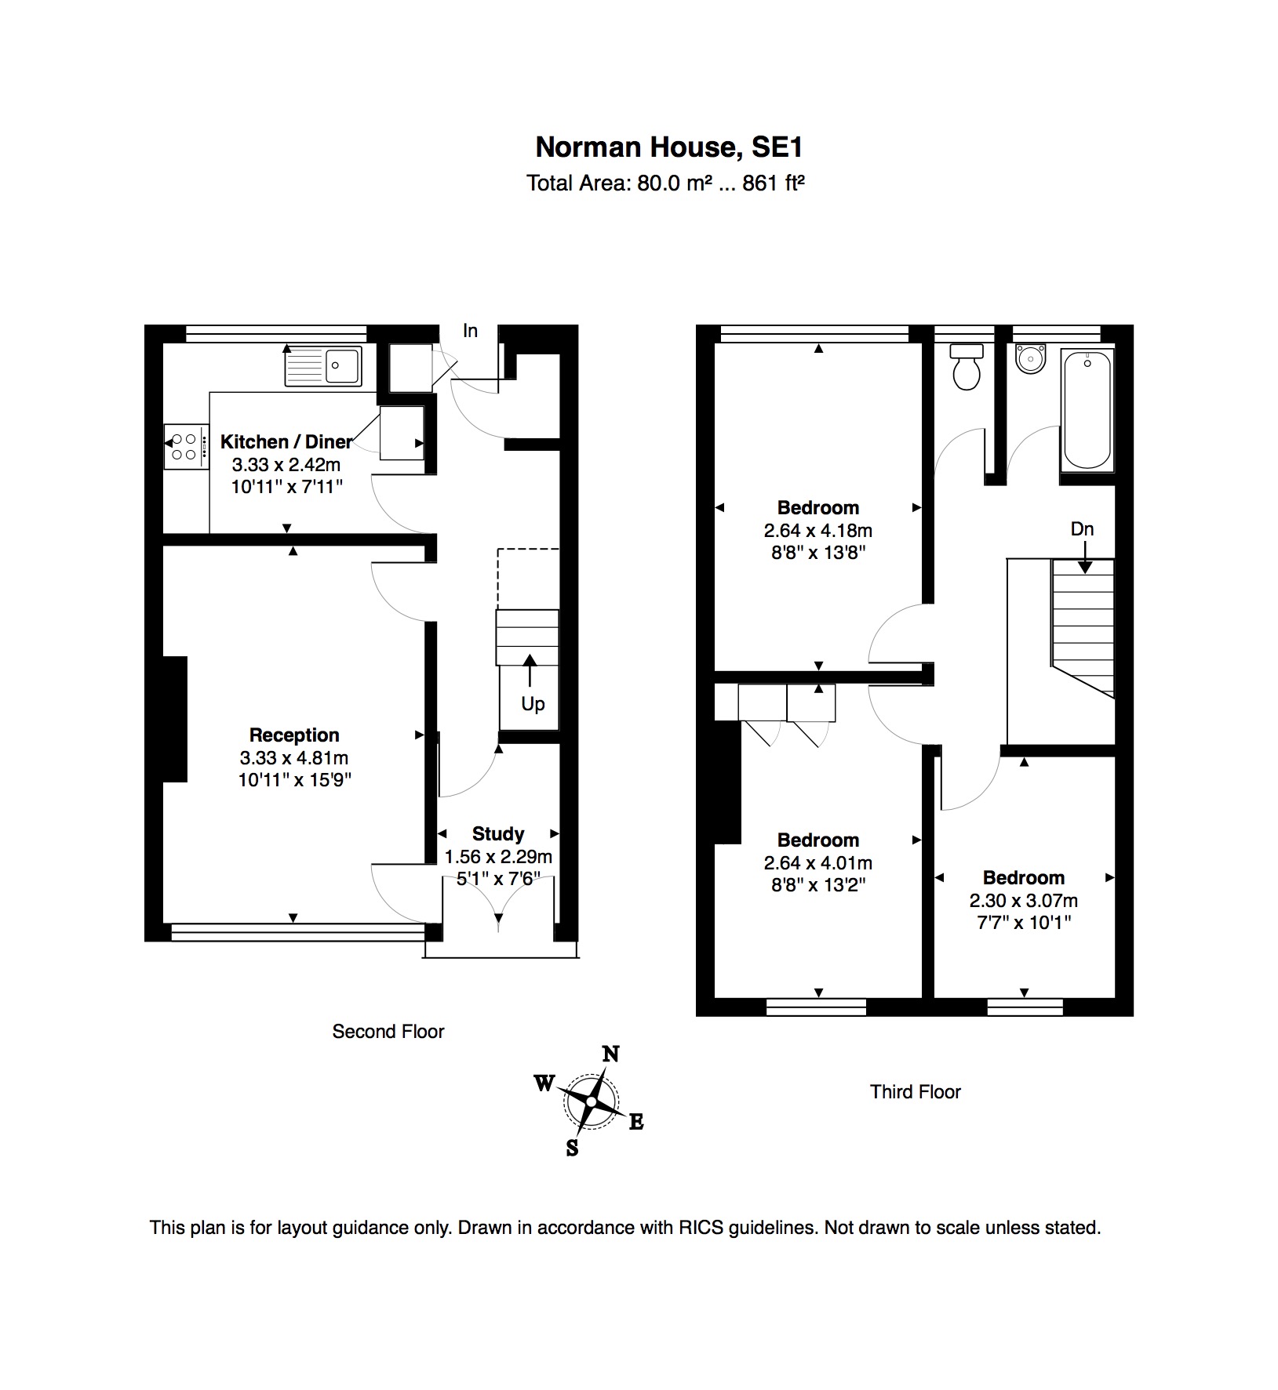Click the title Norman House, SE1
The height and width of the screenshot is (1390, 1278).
pos(669,147)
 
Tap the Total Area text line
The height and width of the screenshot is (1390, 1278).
pos(666,183)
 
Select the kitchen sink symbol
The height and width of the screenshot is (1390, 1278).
pos(322,366)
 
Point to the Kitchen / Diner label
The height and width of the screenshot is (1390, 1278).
pos(286,441)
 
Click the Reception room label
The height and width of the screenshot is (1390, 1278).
pos(294,735)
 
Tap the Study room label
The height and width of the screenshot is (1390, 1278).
pos(498,833)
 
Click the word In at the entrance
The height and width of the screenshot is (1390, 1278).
pos(470,331)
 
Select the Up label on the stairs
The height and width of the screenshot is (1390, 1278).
pos(533,704)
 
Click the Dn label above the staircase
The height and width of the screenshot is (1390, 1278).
pos(1082,529)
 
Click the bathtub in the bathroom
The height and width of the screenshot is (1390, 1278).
pos(1087,411)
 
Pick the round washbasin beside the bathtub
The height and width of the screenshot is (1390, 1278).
pos(1029,358)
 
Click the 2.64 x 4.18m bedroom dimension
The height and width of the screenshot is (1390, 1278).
pos(818,531)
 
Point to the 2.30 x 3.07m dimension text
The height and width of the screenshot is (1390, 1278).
pos(1024,901)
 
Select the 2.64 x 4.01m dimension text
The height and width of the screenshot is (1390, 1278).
pos(818,863)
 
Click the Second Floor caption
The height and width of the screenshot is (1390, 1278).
pos(388,1032)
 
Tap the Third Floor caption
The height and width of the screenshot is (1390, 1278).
pos(916,1092)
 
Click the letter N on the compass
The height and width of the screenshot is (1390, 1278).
pos(610,1054)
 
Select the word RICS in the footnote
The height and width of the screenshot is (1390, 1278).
pos(701,1228)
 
